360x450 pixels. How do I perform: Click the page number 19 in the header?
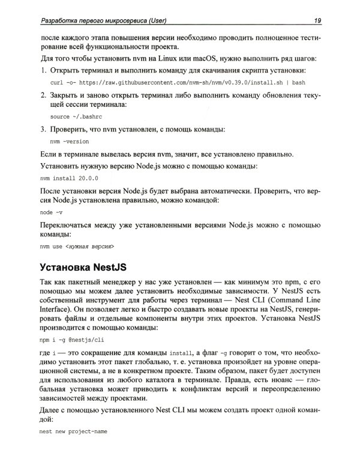coord(317,21)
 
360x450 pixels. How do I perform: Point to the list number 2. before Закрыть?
coord(44,95)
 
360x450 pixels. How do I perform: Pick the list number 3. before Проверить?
coord(44,129)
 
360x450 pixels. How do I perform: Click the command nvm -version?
coord(70,142)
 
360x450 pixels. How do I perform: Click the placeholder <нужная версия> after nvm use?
coord(89,247)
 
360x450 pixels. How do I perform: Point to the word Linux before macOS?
coord(161,58)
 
